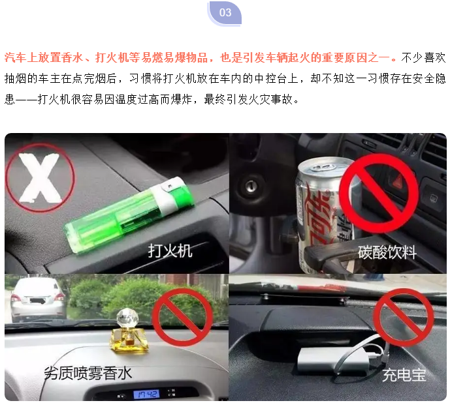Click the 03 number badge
click(x=225, y=13)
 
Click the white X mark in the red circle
click(x=40, y=177)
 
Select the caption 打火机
click(x=170, y=251)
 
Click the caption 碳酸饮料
click(x=387, y=252)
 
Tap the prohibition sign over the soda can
click(x=378, y=193)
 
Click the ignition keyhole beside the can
click(x=251, y=186)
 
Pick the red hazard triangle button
click(x=398, y=181)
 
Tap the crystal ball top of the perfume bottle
click(x=127, y=318)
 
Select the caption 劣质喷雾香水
click(x=88, y=373)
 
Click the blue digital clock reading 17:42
click(x=146, y=394)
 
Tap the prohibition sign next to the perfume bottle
click(x=182, y=318)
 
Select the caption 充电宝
click(x=404, y=375)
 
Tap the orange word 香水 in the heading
click(x=72, y=58)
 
